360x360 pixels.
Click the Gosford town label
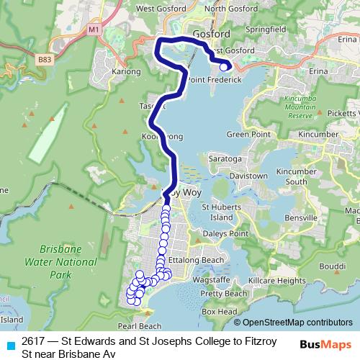(x=211, y=34)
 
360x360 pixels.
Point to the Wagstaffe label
(x=211, y=279)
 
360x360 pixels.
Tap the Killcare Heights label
(x=276, y=280)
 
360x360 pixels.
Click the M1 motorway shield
(x=94, y=29)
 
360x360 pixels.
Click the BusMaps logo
(x=326, y=343)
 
